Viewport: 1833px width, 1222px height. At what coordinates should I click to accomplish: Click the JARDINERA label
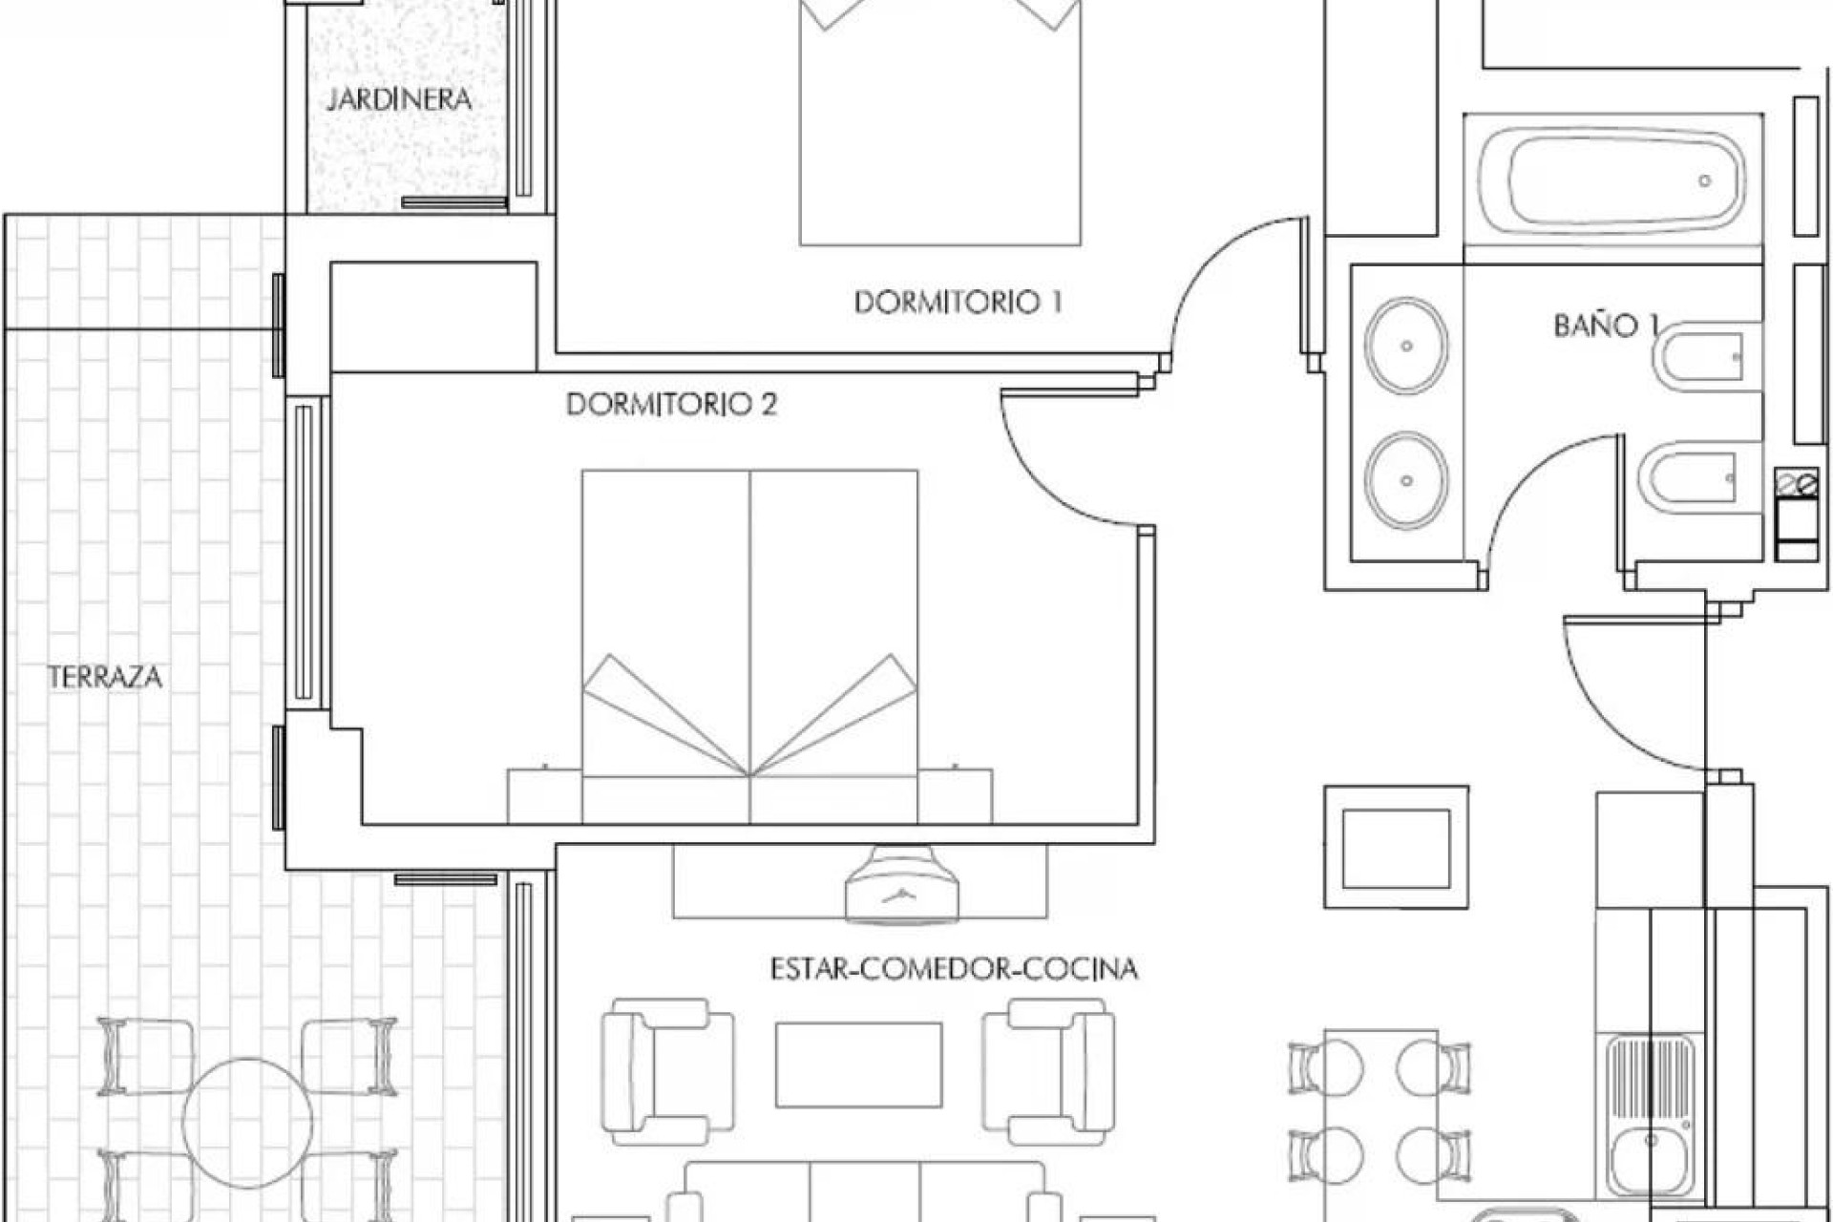[399, 99]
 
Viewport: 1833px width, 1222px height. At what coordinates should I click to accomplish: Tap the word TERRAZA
[105, 678]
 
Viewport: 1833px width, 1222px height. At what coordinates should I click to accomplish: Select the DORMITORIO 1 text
[958, 303]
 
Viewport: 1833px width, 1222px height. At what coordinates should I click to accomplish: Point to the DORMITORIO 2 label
[671, 405]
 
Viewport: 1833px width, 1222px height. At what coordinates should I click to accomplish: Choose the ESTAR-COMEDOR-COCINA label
[954, 969]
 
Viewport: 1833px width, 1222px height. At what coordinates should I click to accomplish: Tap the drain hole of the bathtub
[1704, 180]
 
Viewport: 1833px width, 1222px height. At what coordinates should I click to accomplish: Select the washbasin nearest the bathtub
[1405, 346]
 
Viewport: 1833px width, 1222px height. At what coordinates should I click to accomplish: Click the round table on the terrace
[247, 1123]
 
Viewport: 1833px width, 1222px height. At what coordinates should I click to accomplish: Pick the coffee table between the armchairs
[858, 1064]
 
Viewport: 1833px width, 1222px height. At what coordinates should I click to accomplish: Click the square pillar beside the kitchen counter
[1396, 847]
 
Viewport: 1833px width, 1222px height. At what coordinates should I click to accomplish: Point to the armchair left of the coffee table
[666, 1071]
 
